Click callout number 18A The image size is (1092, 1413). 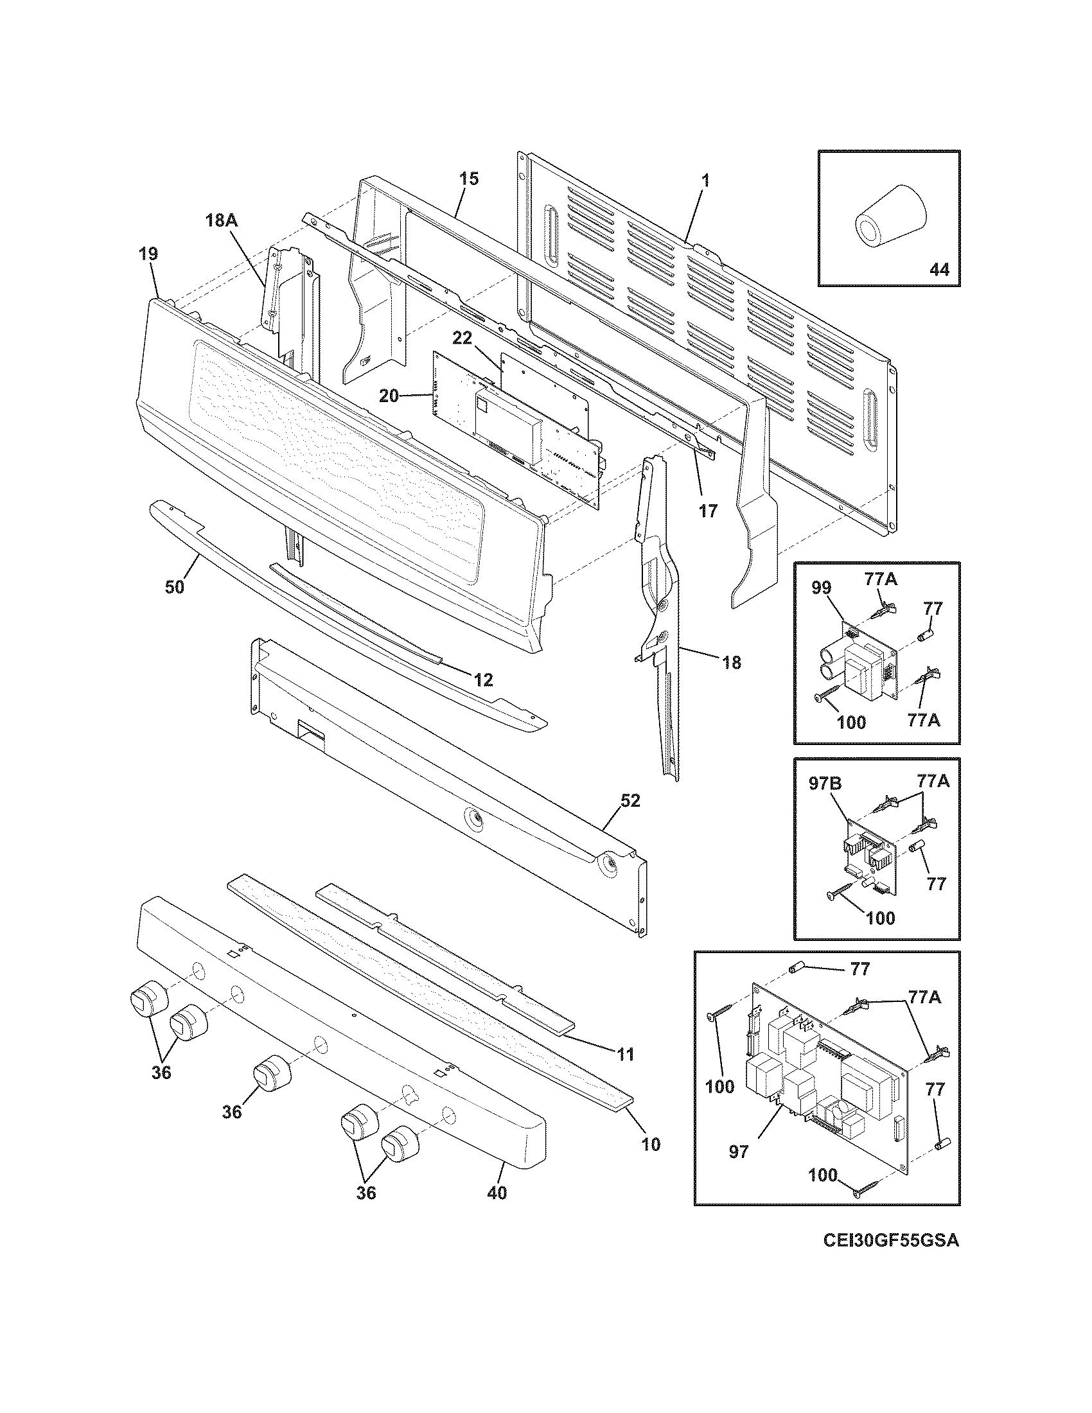click(x=222, y=220)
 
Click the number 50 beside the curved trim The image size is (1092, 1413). click(x=174, y=586)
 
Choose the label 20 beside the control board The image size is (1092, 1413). click(x=389, y=396)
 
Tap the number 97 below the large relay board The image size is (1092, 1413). click(x=739, y=1151)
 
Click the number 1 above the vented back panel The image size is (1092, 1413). click(x=705, y=180)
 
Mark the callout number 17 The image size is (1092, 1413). click(x=708, y=511)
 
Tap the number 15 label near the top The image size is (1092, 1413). click(x=469, y=179)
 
